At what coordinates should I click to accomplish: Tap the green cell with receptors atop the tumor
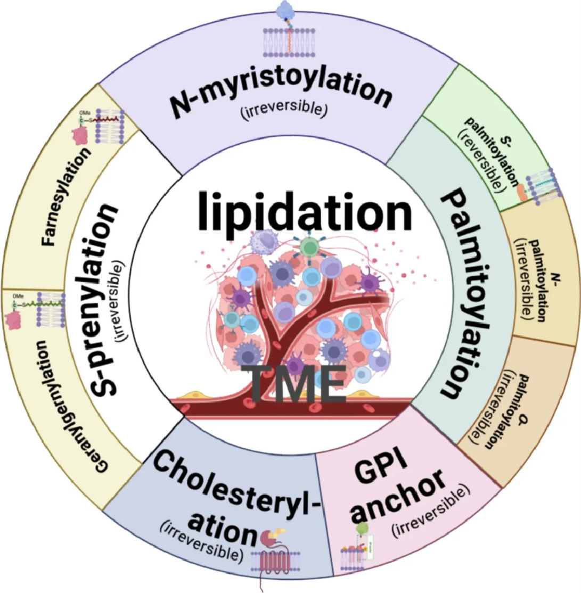coord(308,246)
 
